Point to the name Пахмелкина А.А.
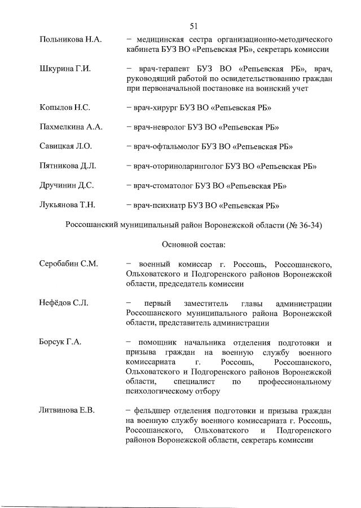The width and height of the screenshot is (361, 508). [71, 127]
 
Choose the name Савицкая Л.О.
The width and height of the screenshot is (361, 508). [65, 146]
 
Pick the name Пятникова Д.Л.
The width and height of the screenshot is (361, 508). [68, 166]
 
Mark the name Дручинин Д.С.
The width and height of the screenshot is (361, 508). [67, 185]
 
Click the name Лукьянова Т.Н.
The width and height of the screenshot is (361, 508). [68, 205]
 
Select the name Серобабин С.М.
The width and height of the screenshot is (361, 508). [69, 264]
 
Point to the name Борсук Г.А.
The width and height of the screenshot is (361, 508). [61, 342]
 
